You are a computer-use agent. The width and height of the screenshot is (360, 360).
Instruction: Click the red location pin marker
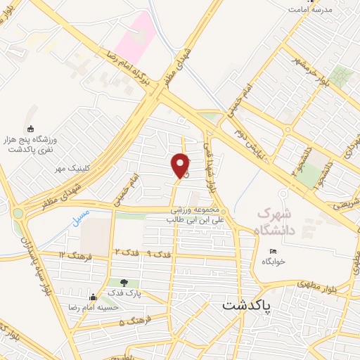181,166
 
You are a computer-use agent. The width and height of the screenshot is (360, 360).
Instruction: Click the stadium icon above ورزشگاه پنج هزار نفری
30,129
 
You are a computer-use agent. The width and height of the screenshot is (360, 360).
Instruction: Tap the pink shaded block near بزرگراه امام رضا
135,35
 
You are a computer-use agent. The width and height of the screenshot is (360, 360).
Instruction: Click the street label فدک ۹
158,252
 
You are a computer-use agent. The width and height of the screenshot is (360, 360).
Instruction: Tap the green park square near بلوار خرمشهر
342,76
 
